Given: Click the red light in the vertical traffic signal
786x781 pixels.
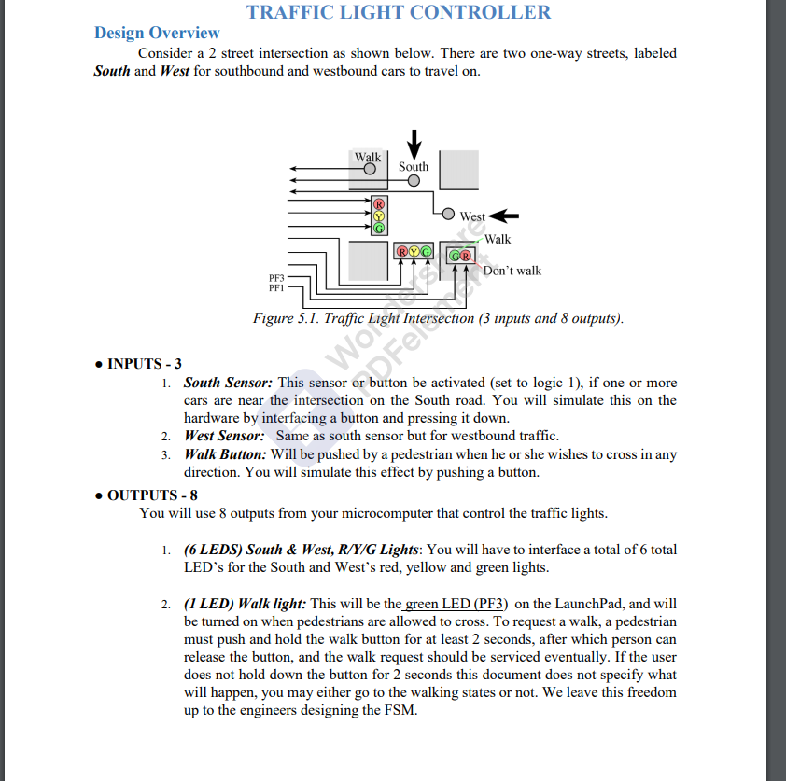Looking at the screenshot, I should pyautogui.click(x=379, y=203).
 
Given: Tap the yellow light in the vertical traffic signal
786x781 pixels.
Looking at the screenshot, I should pyautogui.click(x=379, y=216).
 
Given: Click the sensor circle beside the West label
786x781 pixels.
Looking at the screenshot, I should pyautogui.click(x=448, y=214).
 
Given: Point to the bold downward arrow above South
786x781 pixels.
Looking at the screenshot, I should pyautogui.click(x=414, y=146).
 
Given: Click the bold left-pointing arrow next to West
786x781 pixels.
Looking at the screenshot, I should pyautogui.click(x=503, y=216).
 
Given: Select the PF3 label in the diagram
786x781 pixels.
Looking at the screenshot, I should pyautogui.click(x=276, y=278).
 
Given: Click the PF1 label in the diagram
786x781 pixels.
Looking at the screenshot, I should pyautogui.click(x=276, y=287).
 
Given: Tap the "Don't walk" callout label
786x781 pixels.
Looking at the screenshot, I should pyautogui.click(x=512, y=271).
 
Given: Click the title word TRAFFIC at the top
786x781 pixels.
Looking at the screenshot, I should pyautogui.click(x=297, y=12).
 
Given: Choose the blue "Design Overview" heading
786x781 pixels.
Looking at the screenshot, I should pyautogui.click(x=157, y=33).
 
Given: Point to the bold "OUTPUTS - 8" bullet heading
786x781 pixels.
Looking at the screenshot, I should pyautogui.click(x=151, y=495).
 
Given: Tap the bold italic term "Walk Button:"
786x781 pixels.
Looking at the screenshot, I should pyautogui.click(x=225, y=454).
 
